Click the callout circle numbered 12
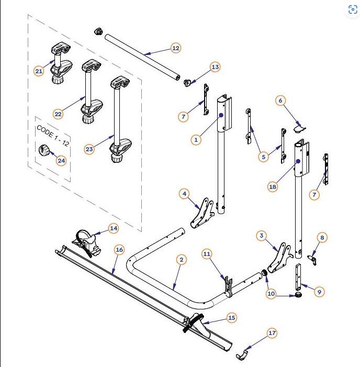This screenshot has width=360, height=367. (175, 48)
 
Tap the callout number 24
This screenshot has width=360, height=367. (62, 160)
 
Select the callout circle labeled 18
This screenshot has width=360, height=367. (273, 186)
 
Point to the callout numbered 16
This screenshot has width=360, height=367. (119, 250)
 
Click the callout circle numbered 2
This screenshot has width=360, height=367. (181, 260)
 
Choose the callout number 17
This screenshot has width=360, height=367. (272, 333)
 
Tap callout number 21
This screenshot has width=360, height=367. (39, 71)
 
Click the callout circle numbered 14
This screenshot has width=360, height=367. (114, 228)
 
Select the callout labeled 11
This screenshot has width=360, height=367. (207, 254)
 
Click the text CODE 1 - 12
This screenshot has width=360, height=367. (52, 136)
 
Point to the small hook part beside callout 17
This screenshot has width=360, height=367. (242, 357)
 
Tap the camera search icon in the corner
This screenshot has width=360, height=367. (352, 9)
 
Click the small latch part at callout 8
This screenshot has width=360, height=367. (314, 257)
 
